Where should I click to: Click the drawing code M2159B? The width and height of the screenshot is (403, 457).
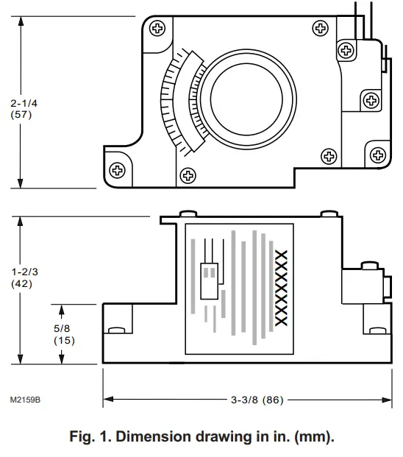coord(25,400)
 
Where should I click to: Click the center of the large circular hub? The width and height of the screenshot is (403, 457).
coord(252,97)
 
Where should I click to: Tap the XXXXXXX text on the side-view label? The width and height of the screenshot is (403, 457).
coord(279,284)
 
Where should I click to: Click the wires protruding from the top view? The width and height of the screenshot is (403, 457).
coord(360,16)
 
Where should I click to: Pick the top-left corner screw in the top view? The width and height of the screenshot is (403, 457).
coord(157,29)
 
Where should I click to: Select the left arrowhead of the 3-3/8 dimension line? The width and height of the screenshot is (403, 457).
coord(107,400)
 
